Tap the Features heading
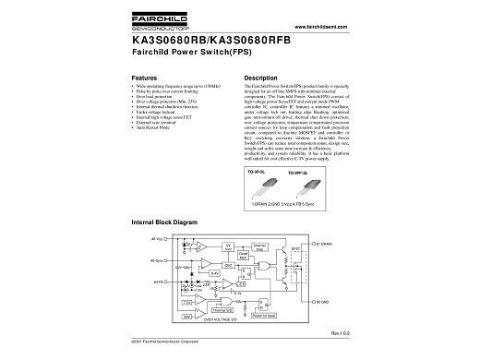[x=148, y=78]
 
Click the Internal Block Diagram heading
[x=165, y=223]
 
